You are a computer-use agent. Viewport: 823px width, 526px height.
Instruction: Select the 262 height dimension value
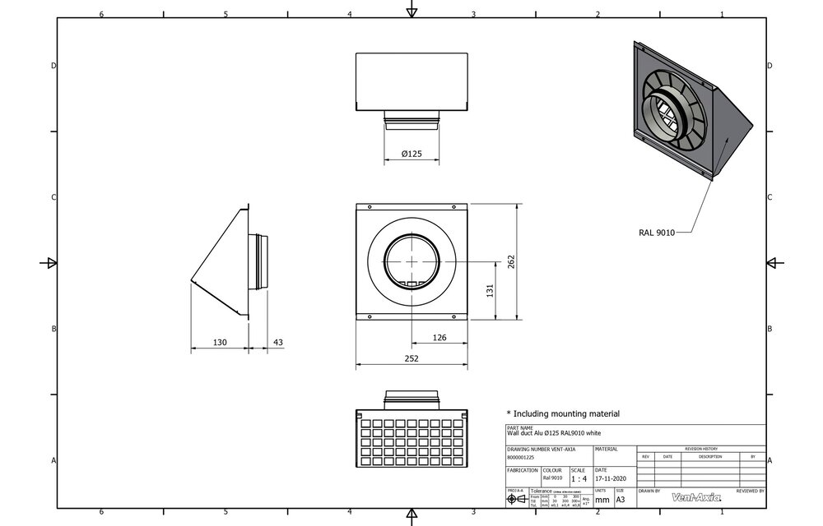(x=511, y=261)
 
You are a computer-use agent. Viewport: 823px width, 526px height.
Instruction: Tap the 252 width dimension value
(x=411, y=358)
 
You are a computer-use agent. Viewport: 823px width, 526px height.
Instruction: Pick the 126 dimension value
(x=439, y=337)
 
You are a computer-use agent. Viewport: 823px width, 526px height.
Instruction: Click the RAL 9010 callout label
(x=656, y=233)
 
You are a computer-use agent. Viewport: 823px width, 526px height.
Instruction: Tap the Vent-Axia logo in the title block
(x=696, y=496)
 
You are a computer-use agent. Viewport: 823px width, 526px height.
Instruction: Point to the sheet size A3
(x=621, y=499)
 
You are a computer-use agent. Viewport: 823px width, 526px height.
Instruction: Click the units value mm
(x=602, y=499)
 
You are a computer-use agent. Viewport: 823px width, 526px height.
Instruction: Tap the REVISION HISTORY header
(x=700, y=449)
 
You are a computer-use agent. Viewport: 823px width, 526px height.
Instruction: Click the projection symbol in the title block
(x=517, y=499)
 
